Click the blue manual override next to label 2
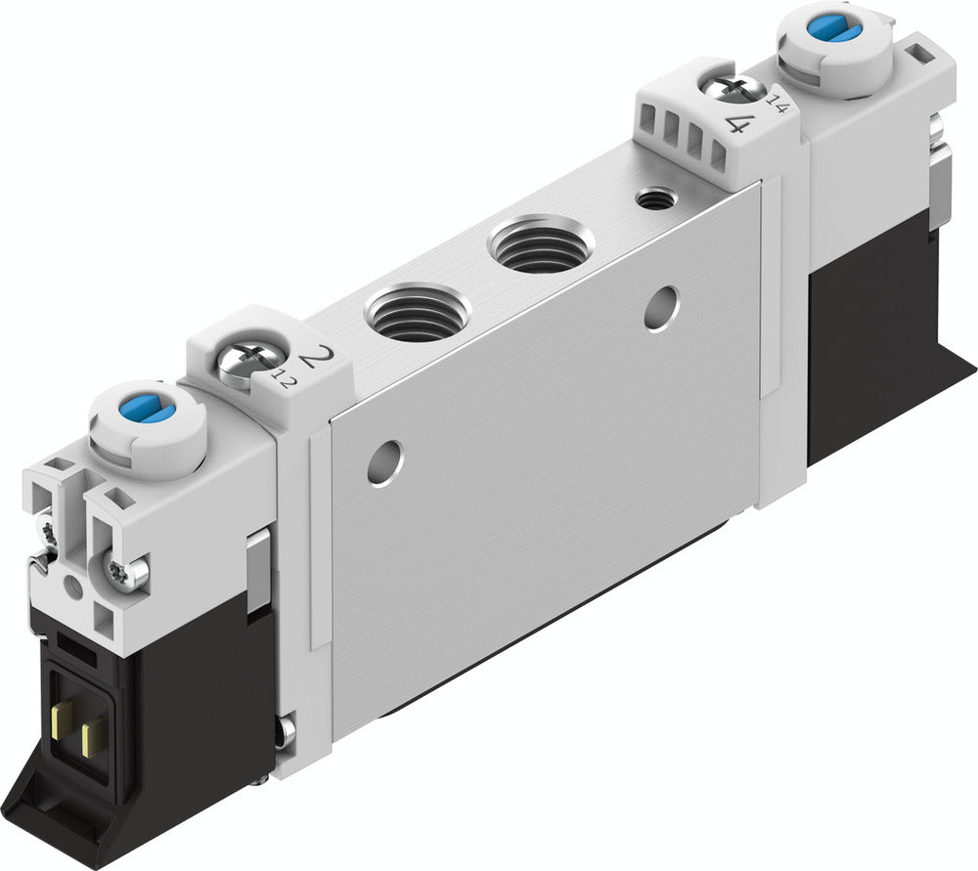[x=150, y=410]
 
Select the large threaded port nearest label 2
[x=418, y=314]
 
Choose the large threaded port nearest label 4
[x=541, y=244]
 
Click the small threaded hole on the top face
[x=654, y=200]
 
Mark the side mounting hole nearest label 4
[x=661, y=307]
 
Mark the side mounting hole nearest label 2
[x=384, y=460]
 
